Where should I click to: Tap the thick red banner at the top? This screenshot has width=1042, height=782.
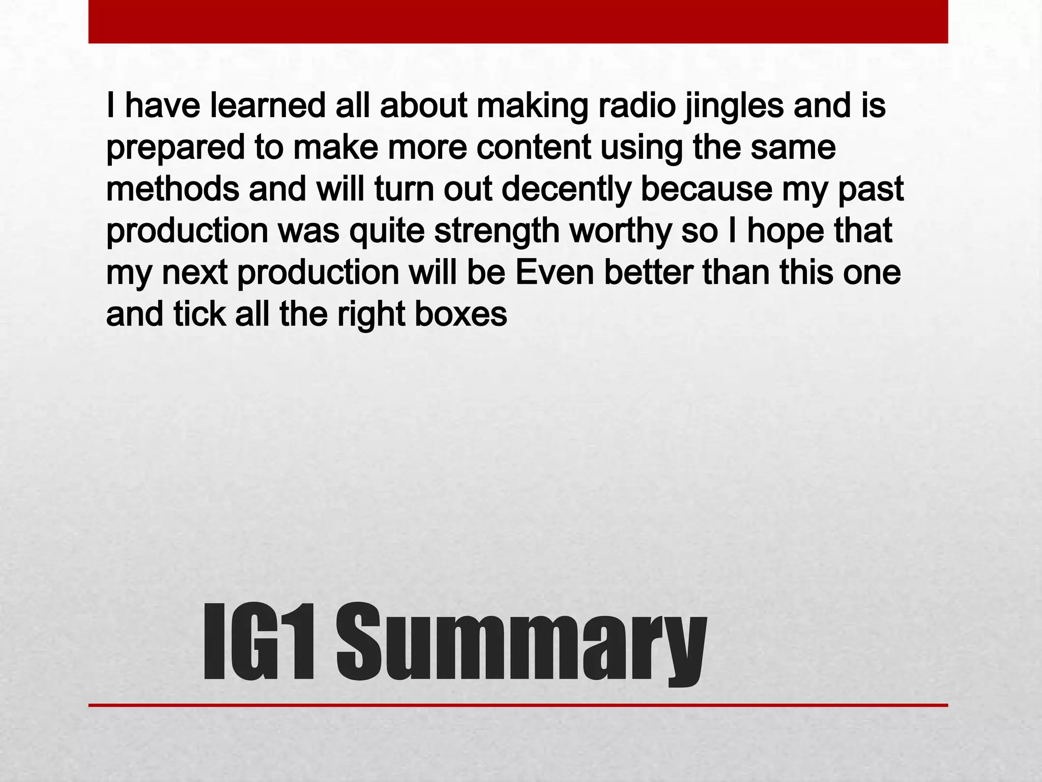pyautogui.click(x=518, y=21)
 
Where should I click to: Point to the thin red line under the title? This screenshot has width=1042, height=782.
pyautogui.click(x=518, y=705)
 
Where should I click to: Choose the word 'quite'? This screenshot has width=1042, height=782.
pyautogui.click(x=387, y=231)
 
